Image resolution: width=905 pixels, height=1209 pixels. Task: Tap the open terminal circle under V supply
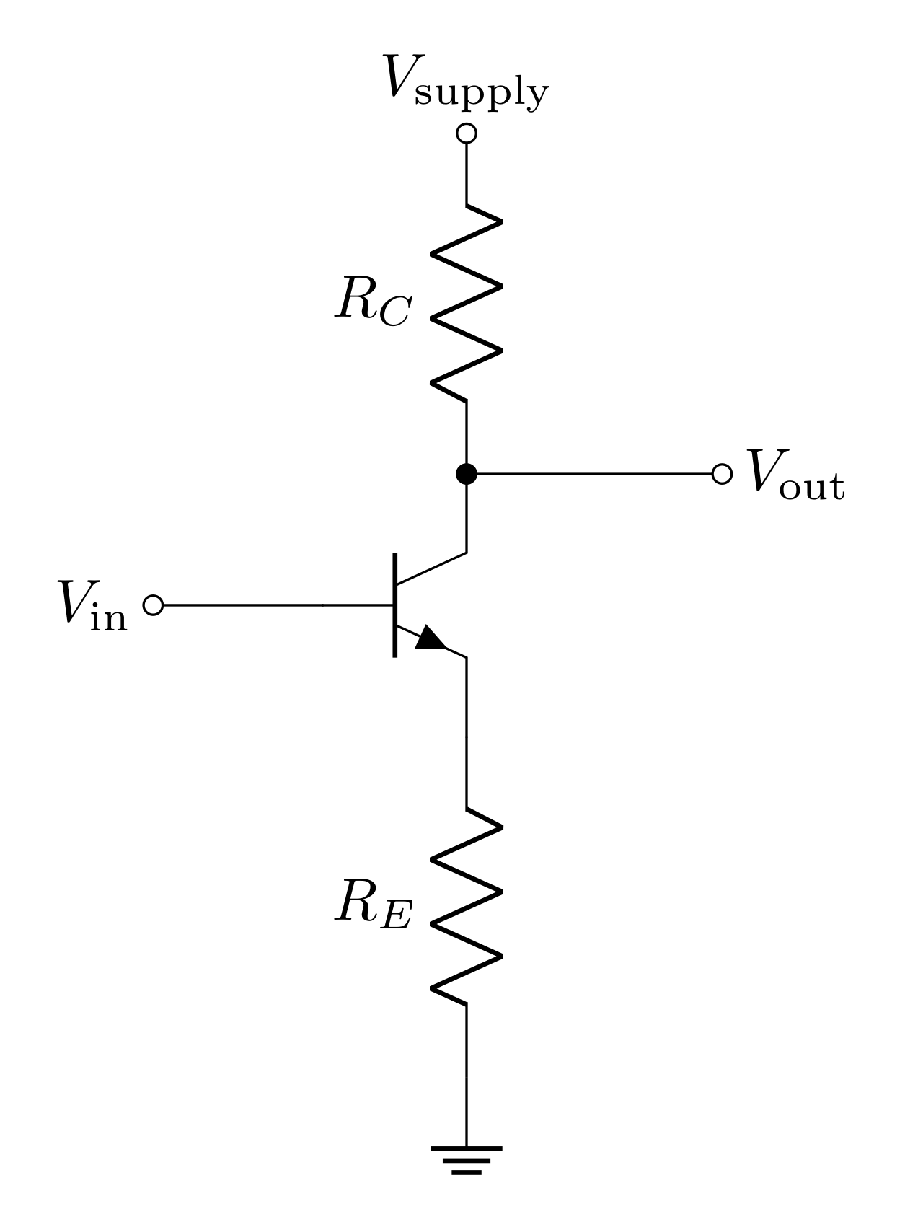click(467, 133)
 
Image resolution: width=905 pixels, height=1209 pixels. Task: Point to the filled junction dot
click(467, 474)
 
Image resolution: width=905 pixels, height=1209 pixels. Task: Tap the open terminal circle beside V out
click(721, 474)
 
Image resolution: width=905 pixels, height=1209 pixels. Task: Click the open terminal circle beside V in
click(154, 605)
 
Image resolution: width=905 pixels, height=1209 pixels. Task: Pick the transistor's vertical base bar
click(394, 604)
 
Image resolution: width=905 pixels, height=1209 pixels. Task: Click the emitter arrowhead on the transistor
click(431, 639)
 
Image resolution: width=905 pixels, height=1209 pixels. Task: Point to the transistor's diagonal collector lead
click(431, 568)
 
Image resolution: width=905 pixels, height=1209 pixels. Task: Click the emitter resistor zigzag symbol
click(467, 906)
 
